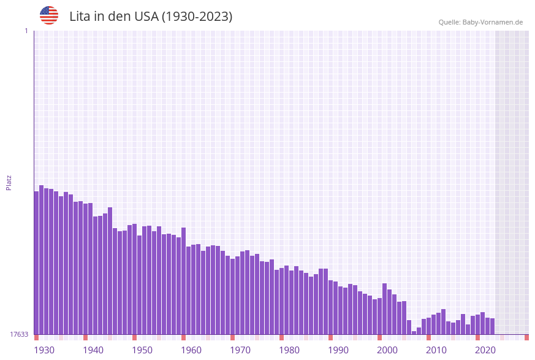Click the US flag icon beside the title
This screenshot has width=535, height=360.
pyautogui.click(x=49, y=15)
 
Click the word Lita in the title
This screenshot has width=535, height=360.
pyautogui.click(x=80, y=17)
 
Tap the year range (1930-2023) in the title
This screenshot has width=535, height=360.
pyautogui.click(x=197, y=17)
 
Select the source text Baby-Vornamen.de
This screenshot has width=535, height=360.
pyautogui.click(x=493, y=22)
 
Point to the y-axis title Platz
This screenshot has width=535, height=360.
pyautogui.click(x=9, y=182)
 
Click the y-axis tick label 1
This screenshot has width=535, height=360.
pyautogui.click(x=26, y=31)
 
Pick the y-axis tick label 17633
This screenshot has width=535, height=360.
pyautogui.click(x=19, y=334)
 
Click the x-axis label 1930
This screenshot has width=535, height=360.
pyautogui.click(x=44, y=350)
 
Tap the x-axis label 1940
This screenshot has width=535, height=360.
pyautogui.click(x=93, y=350)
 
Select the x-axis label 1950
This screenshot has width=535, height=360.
pyautogui.click(x=142, y=350)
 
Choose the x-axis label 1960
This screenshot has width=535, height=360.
pyautogui.click(x=191, y=350)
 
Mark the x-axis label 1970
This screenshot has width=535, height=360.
pyautogui.click(x=240, y=350)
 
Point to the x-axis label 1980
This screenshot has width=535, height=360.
pyautogui.click(x=289, y=350)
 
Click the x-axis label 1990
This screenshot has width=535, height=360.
pyautogui.click(x=338, y=350)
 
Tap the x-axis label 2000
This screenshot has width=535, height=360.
pyautogui.click(x=387, y=350)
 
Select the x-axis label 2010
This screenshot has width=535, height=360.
pyautogui.click(x=436, y=350)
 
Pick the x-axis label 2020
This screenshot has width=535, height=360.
pyautogui.click(x=485, y=350)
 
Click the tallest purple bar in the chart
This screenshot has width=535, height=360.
pyautogui.click(x=42, y=258)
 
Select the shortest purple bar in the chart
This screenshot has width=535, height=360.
pyautogui.click(x=414, y=332)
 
